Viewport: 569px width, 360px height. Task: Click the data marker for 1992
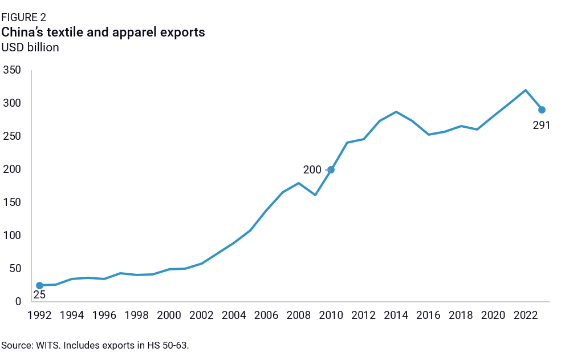tap(39, 285)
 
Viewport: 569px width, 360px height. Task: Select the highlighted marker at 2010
tap(331, 169)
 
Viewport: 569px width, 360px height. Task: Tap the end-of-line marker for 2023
tap(542, 110)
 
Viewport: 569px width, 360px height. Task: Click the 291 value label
tap(541, 125)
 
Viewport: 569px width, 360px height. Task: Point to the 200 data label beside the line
tap(312, 169)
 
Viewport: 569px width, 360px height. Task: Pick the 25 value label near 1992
tap(39, 295)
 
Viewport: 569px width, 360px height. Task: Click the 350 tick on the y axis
tap(12, 71)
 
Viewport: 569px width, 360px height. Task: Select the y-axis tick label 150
tap(12, 203)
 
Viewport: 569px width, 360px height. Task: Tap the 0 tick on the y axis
tap(18, 302)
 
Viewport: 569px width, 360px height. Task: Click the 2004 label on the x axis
tap(234, 315)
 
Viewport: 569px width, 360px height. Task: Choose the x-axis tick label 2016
tap(428, 315)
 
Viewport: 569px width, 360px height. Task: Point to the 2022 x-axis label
tap(525, 315)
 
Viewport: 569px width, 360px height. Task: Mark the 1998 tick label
tap(137, 315)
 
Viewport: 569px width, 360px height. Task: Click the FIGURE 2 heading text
tap(24, 18)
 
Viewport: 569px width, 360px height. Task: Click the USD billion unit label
tap(30, 47)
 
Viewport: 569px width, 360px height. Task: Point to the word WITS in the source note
tap(45, 345)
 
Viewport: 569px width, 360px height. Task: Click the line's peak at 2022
tap(525, 90)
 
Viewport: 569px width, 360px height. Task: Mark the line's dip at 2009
tap(315, 195)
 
